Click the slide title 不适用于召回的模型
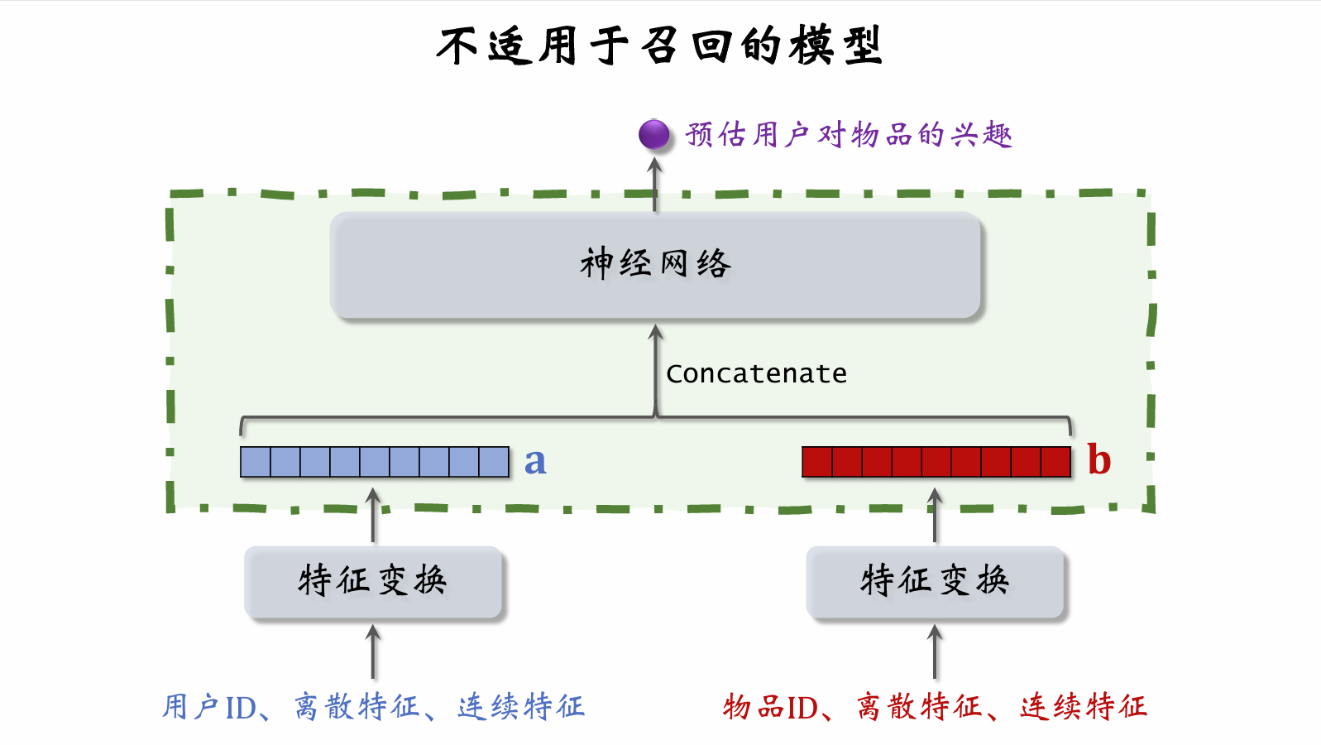[659, 46]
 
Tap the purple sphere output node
[654, 134]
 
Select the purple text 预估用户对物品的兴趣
[849, 134]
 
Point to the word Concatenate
[756, 373]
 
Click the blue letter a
[535, 462]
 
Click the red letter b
[1098, 460]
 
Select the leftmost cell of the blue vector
[256, 462]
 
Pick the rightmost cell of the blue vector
[494, 462]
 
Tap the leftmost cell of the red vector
[817, 462]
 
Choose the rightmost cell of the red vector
[1055, 462]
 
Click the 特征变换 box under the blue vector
[373, 581]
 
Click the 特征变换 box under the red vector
[935, 581]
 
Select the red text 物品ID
[770, 707]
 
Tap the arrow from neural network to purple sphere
[655, 184]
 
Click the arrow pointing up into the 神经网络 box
[656, 364]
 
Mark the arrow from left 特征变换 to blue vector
[373, 515]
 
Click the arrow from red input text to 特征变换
[935, 652]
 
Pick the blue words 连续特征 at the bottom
[521, 707]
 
